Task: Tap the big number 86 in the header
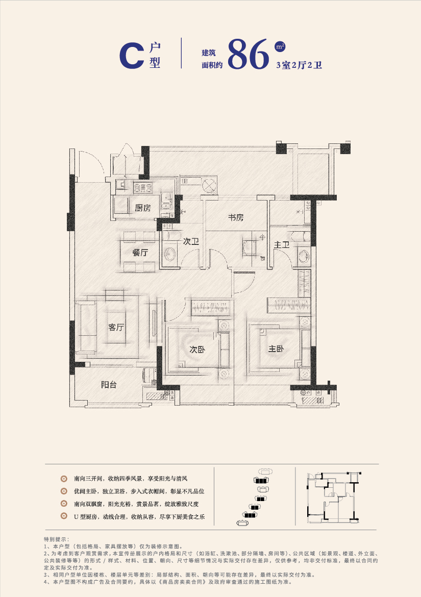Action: tap(249, 55)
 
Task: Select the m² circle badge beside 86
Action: tap(280, 46)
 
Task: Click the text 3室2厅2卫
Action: tap(299, 65)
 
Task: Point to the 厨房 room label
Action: tap(143, 208)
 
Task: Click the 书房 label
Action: tap(236, 217)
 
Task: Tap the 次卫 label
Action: tap(191, 241)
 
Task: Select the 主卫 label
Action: tap(282, 245)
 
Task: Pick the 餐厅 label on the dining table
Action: tap(140, 253)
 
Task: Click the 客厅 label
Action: tap(116, 327)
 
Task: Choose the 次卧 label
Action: tap(197, 349)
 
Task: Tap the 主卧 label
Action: tap(276, 349)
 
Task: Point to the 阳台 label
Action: tap(109, 385)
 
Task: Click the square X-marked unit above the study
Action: tap(209, 186)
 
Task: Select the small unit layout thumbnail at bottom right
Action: tap(333, 498)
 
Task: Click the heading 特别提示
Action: tap(56, 539)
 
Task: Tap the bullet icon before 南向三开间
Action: tap(64, 479)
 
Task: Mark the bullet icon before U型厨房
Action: tap(64, 516)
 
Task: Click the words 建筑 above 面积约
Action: tap(209, 53)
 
